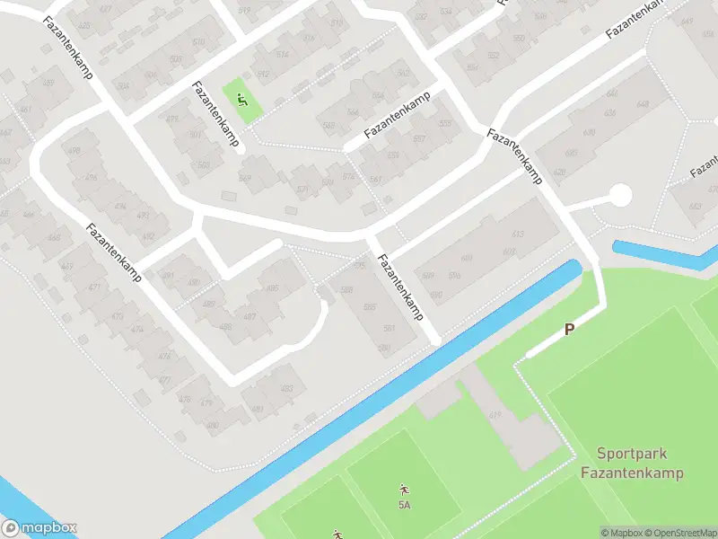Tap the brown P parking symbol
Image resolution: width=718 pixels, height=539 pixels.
[569, 330]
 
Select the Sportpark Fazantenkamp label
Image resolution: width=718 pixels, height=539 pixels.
[632, 464]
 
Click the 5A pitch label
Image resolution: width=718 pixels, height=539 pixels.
[404, 505]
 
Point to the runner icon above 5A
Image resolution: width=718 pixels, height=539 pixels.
[404, 490]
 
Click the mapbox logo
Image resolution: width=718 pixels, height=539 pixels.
[39, 528]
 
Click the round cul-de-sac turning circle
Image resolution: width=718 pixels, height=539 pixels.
[619, 194]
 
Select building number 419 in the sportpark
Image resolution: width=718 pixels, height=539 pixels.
[495, 414]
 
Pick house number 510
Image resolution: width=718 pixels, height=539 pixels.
[198, 42]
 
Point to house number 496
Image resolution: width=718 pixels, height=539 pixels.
[91, 178]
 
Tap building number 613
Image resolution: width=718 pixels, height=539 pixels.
[517, 234]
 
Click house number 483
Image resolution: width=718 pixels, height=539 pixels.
[287, 388]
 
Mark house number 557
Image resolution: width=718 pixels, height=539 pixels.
[418, 139]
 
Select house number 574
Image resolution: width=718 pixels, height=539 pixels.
[348, 176]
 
